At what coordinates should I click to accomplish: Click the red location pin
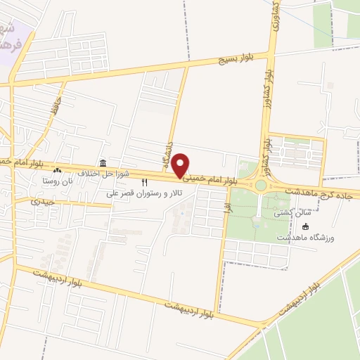coord(181,165)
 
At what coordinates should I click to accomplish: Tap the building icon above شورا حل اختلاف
coord(103,162)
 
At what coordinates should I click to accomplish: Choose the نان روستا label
coord(56,181)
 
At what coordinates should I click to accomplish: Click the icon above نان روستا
coord(57,171)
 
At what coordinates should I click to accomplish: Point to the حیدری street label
coord(44,202)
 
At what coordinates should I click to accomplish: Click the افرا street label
coord(226,208)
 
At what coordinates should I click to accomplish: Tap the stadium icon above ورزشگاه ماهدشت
coord(306,226)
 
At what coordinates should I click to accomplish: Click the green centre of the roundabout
coord(261,185)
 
